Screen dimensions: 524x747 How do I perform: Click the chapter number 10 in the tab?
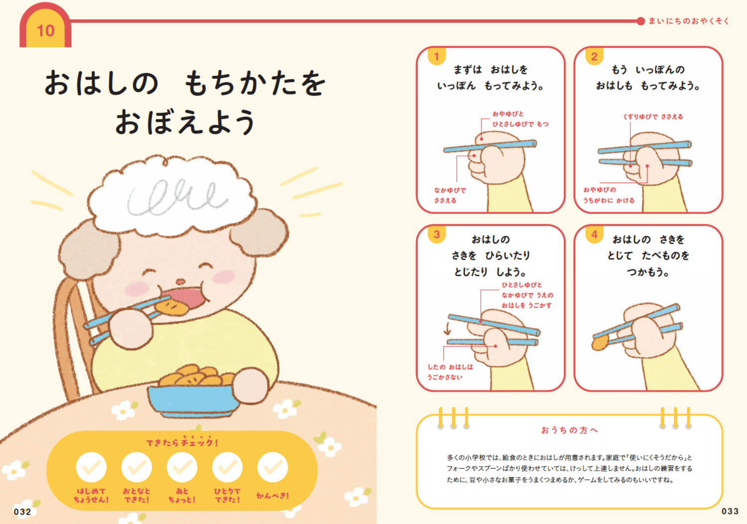45,31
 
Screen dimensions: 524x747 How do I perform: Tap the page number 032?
22,512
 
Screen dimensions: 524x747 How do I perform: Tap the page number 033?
730,511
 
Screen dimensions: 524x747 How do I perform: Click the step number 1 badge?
436,57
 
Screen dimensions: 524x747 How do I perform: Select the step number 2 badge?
594,57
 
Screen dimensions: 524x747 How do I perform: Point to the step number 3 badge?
436,234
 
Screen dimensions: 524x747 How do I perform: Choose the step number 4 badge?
594,234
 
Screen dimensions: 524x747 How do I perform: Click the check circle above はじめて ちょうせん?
91,467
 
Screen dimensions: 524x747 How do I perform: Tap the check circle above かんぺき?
272,467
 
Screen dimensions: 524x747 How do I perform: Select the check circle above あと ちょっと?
182,467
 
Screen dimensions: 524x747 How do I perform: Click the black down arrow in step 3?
447,328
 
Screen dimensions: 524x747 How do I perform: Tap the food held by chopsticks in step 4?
600,342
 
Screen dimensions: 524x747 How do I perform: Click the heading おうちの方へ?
569,430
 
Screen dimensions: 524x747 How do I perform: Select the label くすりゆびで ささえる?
653,117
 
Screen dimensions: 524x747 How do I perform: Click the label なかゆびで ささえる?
449,195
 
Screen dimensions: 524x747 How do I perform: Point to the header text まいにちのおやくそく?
688,21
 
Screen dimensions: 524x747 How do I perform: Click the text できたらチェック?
182,442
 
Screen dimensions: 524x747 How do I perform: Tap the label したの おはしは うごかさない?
450,372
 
